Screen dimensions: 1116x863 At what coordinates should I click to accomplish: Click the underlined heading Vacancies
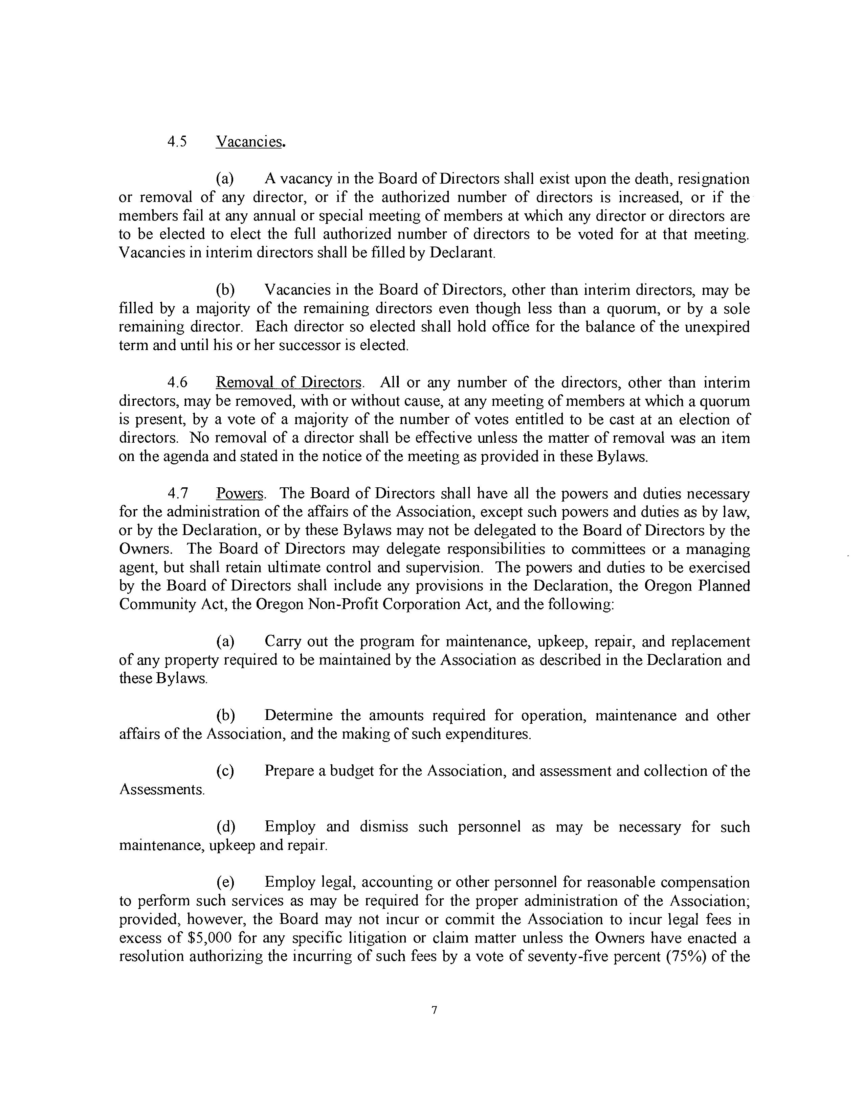coord(249,142)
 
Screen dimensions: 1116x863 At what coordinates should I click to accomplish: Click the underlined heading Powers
coord(240,494)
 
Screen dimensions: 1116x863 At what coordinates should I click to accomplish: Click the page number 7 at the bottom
coord(434,1010)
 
